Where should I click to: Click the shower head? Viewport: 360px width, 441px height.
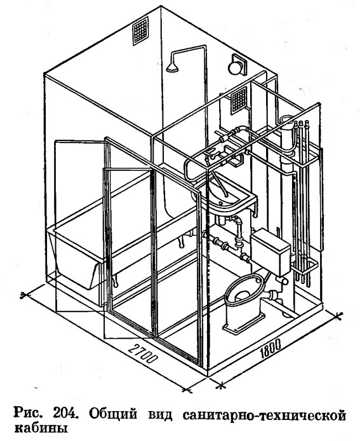tap(172, 67)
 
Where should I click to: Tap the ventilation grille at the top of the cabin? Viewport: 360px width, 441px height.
tap(140, 31)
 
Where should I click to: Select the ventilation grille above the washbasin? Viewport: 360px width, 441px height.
tap(239, 100)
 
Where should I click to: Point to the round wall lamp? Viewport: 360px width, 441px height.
tap(236, 66)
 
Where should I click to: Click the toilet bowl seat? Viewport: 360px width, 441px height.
tap(244, 289)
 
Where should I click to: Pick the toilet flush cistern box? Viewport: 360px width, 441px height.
tap(271, 252)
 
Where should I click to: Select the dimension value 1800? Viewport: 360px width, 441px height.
tap(270, 348)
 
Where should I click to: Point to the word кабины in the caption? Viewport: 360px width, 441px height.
tap(41, 428)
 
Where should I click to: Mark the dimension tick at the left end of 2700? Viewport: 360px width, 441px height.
tap(25, 295)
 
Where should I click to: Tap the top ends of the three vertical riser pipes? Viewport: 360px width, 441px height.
tap(301, 123)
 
